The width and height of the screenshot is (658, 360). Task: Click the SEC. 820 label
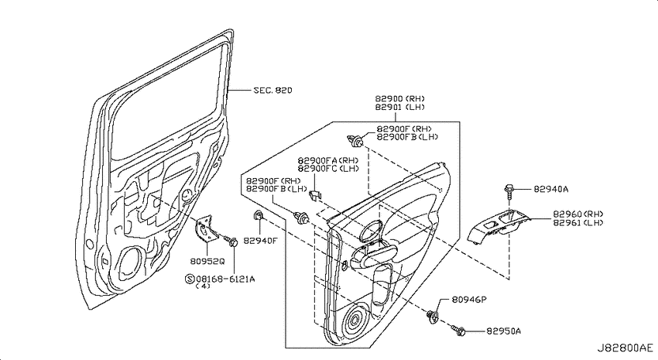pyautogui.click(x=272, y=91)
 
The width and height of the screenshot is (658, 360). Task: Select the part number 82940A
pyautogui.click(x=551, y=189)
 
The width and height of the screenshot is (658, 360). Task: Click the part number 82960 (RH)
pyautogui.click(x=577, y=214)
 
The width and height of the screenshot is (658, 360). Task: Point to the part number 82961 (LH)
pyautogui.click(x=577, y=223)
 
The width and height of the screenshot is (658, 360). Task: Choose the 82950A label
pyautogui.click(x=504, y=331)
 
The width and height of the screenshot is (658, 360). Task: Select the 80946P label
pyautogui.click(x=469, y=300)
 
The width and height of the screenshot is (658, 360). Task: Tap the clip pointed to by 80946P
pyautogui.click(x=432, y=317)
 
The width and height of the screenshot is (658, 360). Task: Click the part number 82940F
pyautogui.click(x=261, y=241)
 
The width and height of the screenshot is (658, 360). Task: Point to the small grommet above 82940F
pyautogui.click(x=257, y=216)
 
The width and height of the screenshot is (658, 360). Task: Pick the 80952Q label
pyautogui.click(x=207, y=262)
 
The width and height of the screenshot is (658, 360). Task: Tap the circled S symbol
pyautogui.click(x=190, y=279)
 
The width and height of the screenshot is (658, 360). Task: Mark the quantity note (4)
pyautogui.click(x=203, y=286)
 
